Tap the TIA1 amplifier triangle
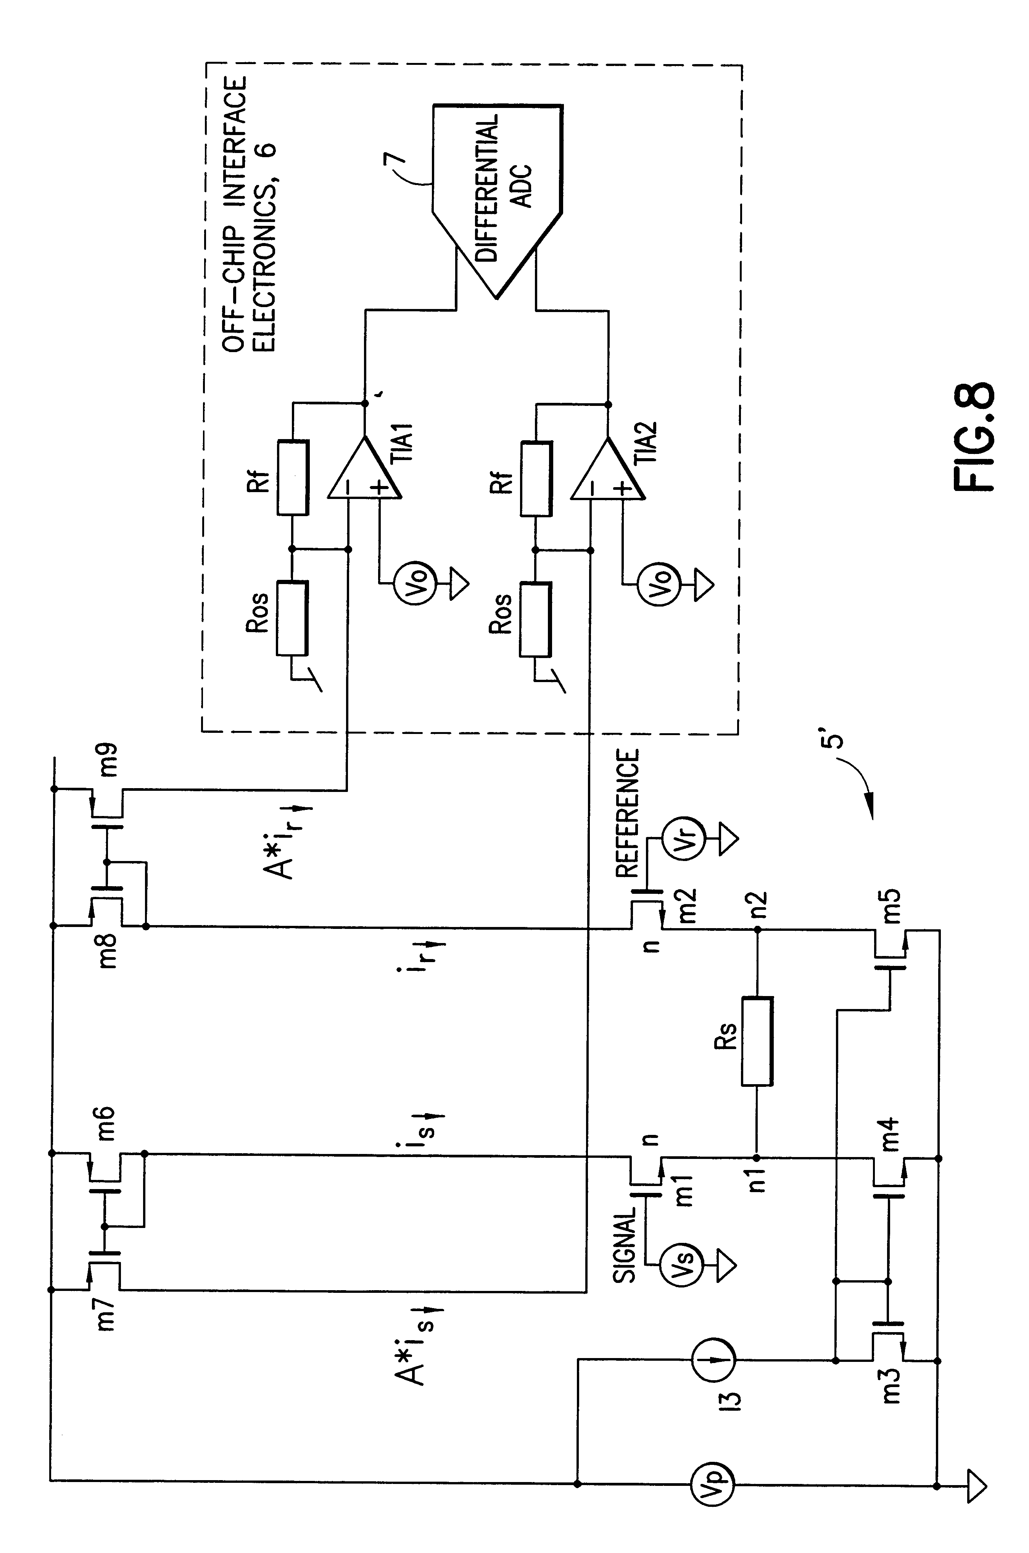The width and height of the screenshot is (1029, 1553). coord(364,469)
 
